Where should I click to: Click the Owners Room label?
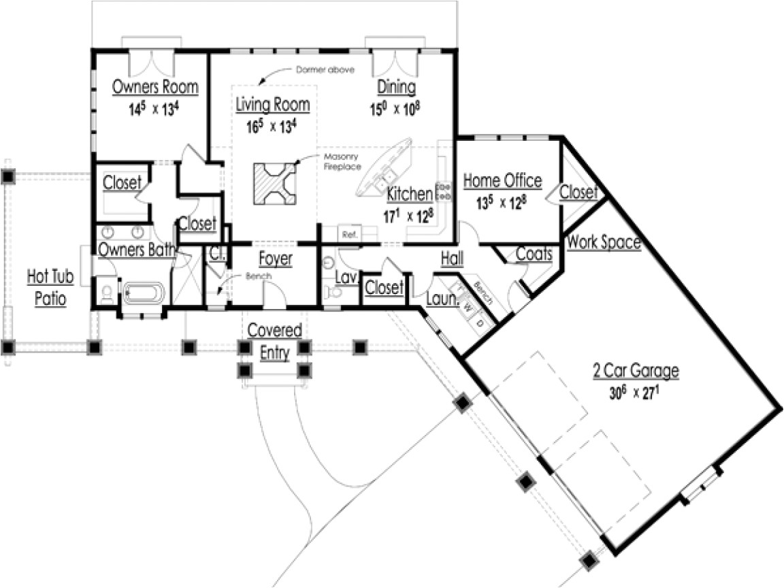pyautogui.click(x=155, y=87)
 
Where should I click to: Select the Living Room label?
pyautogui.click(x=272, y=105)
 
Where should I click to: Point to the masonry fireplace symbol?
pyautogui.click(x=275, y=184)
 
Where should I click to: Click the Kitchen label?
pyautogui.click(x=410, y=194)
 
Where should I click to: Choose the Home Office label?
pyautogui.click(x=502, y=180)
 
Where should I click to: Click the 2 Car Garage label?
pyautogui.click(x=635, y=371)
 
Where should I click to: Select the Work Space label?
pyautogui.click(x=604, y=242)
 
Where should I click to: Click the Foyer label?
pyautogui.click(x=276, y=259)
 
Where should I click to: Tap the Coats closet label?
pyautogui.click(x=534, y=253)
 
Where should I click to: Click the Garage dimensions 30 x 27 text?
pyautogui.click(x=634, y=393)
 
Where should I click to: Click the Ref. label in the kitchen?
pyautogui.click(x=350, y=234)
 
